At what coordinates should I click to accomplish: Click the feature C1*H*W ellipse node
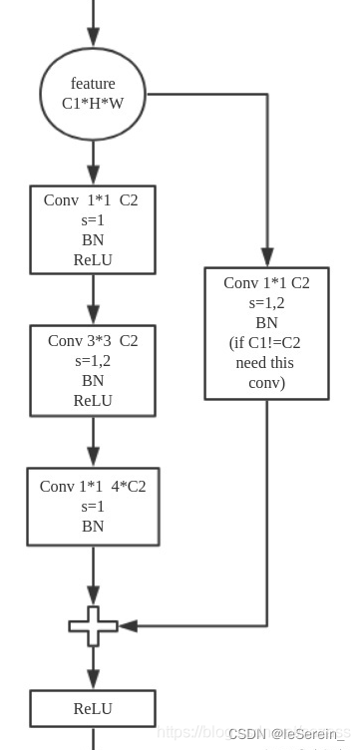93,93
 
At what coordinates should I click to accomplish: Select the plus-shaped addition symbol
93,626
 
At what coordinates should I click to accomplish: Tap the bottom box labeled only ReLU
93,709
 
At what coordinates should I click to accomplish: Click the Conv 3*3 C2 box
93,370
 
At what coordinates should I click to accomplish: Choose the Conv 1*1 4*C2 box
93,507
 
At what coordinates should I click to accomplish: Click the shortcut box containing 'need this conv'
266,333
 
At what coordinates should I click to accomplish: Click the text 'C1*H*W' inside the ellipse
93,103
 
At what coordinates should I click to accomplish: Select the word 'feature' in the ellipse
93,84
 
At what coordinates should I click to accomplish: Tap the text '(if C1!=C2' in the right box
266,343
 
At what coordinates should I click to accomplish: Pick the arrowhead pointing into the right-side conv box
266,257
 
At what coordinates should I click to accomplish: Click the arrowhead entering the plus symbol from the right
127,626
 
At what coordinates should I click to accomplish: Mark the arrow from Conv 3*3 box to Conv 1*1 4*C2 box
93,441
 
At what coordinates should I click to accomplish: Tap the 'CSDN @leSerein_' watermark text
282,734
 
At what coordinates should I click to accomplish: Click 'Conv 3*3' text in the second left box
76,341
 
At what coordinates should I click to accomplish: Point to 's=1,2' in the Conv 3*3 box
93,360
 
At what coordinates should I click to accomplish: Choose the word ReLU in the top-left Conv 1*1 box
93,260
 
